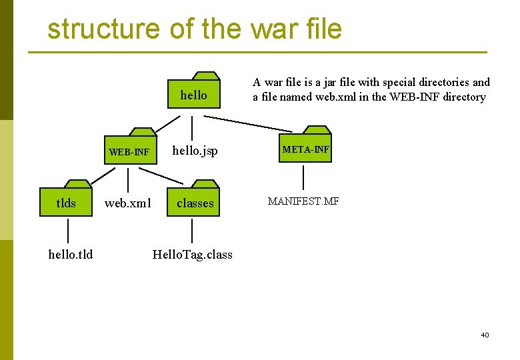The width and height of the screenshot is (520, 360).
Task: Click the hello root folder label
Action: [193, 95]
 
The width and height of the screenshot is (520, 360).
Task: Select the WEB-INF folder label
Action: [129, 152]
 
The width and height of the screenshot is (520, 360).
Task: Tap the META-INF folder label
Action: [305, 149]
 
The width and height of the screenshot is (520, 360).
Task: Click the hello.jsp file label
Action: [195, 151]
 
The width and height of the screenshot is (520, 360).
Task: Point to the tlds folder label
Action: [66, 203]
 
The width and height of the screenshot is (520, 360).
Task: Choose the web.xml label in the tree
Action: [129, 203]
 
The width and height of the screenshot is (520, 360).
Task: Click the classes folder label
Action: [195, 203]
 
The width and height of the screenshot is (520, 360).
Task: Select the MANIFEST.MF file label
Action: [303, 201]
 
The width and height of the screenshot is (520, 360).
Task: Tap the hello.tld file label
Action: [71, 254]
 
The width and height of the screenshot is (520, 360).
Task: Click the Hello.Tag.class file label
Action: [193, 254]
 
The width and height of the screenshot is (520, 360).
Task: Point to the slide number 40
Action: [485, 335]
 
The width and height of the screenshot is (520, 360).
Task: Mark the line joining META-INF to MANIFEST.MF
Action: [304, 177]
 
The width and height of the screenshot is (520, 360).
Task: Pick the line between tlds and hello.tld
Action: [67, 231]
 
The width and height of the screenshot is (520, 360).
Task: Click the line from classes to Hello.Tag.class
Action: [193, 231]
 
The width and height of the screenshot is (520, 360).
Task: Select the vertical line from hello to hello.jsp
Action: [193, 127]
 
